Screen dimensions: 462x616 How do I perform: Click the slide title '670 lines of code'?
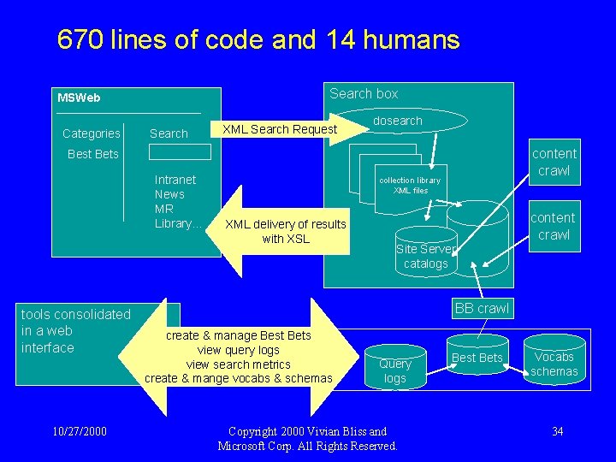pos(258,40)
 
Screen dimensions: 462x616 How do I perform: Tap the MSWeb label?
pos(79,98)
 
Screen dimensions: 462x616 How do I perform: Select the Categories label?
pos(92,133)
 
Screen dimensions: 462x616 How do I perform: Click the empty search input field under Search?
pos(180,152)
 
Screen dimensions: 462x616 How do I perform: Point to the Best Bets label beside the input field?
pos(92,154)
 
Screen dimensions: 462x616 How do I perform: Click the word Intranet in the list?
pos(175,180)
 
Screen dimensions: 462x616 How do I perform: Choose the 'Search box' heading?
pos(364,93)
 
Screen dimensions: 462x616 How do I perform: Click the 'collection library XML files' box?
pos(410,185)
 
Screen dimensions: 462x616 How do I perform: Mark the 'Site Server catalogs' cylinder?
pos(425,255)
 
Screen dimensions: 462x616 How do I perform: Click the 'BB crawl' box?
pos(482,308)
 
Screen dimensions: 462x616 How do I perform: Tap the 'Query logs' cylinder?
pos(395,370)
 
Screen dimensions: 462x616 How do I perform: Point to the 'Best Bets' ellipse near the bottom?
pos(477,358)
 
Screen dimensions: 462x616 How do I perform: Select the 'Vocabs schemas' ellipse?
pos(554,364)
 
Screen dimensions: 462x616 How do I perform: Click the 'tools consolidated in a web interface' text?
pos(75,331)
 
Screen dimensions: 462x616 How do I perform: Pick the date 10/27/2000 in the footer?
pos(78,430)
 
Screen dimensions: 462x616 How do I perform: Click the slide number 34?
pos(557,430)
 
